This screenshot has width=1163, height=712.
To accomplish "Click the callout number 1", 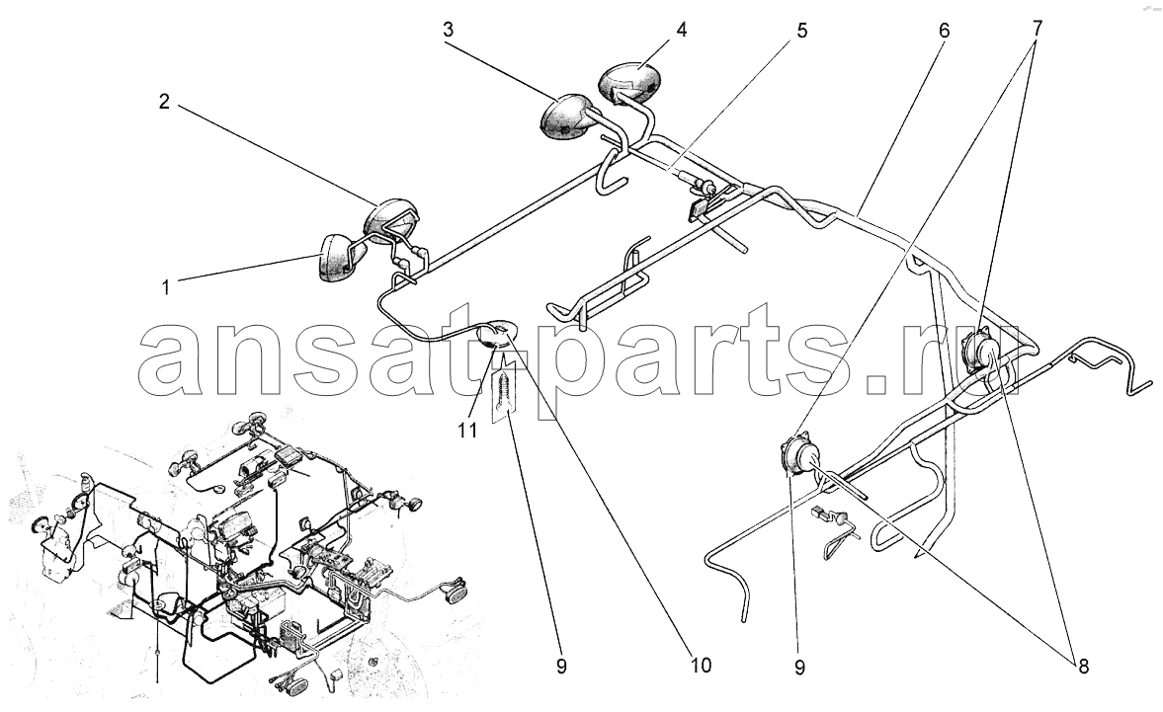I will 167,287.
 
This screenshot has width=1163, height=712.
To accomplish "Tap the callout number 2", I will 165,101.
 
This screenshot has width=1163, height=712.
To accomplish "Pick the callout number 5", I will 802,30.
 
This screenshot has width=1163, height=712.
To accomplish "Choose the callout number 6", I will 944,30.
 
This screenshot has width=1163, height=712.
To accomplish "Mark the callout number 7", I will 1037,30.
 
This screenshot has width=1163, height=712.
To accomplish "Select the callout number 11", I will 467,430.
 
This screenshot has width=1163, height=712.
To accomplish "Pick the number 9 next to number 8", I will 800,668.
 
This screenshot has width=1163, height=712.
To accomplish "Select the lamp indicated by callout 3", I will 563,117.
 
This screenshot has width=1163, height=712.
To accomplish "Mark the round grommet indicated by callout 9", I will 799,457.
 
